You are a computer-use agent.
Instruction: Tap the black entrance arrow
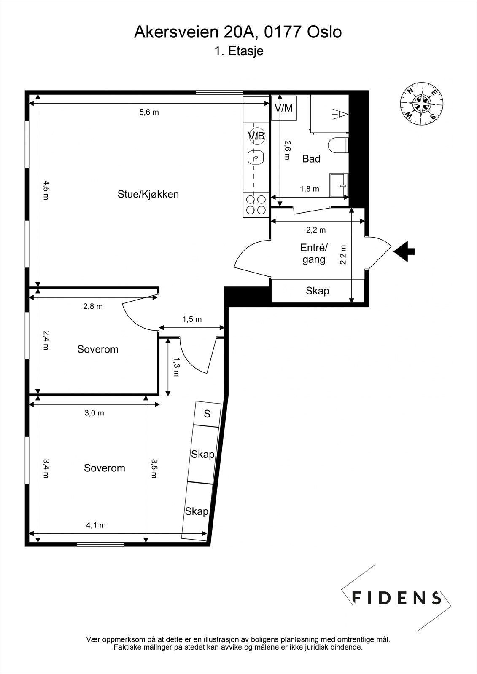click(404, 251)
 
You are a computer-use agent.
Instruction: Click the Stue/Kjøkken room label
click(148, 194)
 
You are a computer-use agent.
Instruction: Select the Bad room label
click(311, 159)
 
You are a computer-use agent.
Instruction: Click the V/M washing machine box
click(284, 108)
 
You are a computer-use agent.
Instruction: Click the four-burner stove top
click(256, 204)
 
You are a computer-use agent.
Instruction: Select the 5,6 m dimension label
click(149, 112)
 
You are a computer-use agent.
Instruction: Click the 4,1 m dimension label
click(96, 525)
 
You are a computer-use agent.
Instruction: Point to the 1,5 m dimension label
click(192, 319)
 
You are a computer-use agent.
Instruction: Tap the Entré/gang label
click(314, 254)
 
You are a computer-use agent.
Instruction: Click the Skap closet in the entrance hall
click(318, 291)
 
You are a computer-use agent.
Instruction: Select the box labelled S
click(207, 414)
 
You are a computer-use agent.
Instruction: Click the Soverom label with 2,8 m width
click(98, 349)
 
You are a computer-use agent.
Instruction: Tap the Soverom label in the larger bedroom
click(105, 468)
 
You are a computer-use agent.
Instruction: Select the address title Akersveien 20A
click(238, 32)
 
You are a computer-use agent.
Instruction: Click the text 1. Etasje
click(239, 51)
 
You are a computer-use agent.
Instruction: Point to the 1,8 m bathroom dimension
click(309, 189)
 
